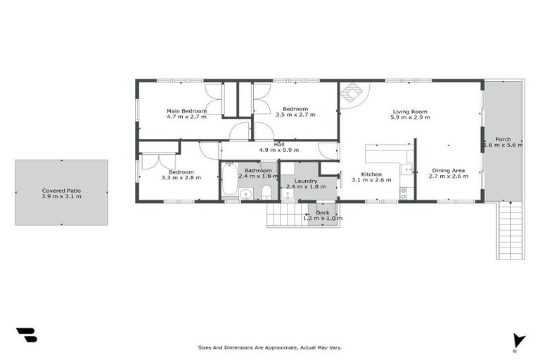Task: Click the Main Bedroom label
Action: pos(186,111)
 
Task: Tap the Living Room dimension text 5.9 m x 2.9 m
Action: pos(410,117)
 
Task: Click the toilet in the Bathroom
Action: pos(266,192)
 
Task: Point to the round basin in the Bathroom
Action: pos(246,194)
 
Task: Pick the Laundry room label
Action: pos(306,181)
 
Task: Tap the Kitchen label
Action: pos(371,174)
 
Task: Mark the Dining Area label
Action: pos(448,170)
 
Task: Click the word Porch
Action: pos(503,139)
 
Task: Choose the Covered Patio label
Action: pos(61,190)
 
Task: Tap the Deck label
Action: pos(322,212)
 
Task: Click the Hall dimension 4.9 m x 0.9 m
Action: pos(279,150)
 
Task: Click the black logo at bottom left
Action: pos(26,335)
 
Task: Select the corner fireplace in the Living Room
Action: pos(351,91)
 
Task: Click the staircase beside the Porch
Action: pos(510,231)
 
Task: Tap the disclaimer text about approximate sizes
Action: pos(270,347)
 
